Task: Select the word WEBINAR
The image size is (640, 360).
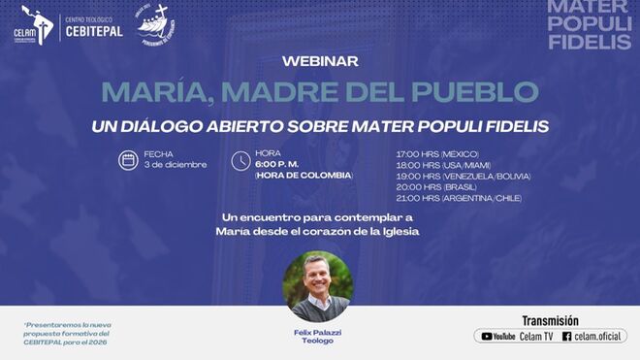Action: click(319, 61)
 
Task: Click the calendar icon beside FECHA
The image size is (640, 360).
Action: click(128, 160)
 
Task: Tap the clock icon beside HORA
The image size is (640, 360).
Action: click(240, 161)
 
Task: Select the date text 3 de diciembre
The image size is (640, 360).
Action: click(175, 165)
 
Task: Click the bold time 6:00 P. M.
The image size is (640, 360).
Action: click(275, 164)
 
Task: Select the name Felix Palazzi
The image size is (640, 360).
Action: click(318, 332)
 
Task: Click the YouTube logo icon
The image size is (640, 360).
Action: click(485, 337)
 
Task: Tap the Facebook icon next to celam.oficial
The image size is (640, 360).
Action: click(566, 337)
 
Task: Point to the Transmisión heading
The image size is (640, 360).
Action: click(550, 320)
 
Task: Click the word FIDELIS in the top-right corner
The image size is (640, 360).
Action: click(590, 42)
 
